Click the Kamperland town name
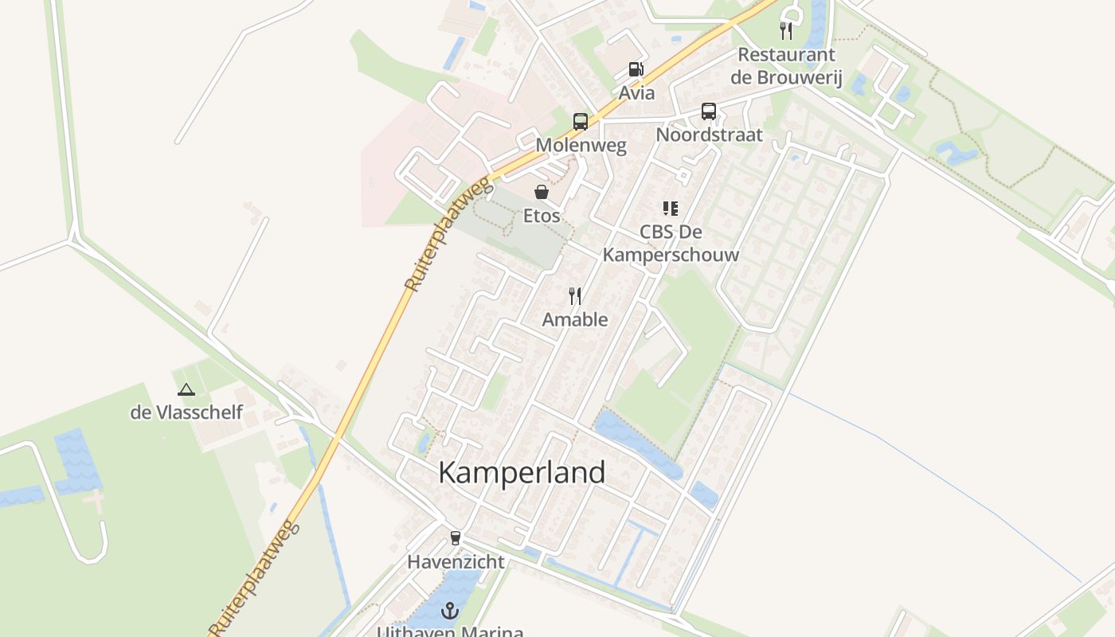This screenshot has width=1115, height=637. (x=522, y=472)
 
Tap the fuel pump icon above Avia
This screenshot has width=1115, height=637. (x=636, y=69)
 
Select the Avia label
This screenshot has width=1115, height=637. (x=637, y=93)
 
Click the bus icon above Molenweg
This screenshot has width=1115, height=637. (x=581, y=122)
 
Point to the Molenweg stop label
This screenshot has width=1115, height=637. (x=581, y=146)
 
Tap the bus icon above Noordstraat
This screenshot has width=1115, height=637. (x=709, y=111)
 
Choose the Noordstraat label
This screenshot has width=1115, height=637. (x=709, y=135)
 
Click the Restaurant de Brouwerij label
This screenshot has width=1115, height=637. (x=786, y=65)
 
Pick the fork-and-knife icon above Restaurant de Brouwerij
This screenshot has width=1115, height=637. (x=786, y=31)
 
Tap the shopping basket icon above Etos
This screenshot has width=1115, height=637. (x=542, y=192)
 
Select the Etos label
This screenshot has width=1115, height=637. (x=542, y=216)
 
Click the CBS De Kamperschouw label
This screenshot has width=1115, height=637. (x=671, y=243)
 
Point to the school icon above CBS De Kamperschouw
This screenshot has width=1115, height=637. (x=671, y=209)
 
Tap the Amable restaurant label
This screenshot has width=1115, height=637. (x=575, y=319)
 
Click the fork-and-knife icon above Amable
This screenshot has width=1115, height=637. (x=575, y=296)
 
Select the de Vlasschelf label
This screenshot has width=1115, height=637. (x=186, y=413)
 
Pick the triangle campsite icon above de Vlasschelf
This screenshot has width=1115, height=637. (x=186, y=389)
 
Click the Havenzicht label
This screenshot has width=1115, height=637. (x=456, y=561)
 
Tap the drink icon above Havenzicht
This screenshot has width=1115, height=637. (x=456, y=538)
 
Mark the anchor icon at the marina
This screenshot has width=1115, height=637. (x=451, y=611)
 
